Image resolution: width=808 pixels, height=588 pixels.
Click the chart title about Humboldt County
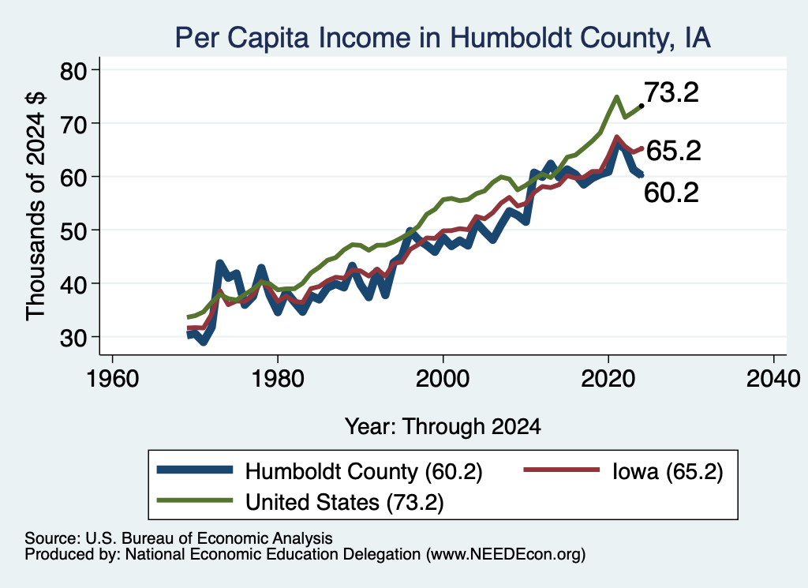(x=443, y=37)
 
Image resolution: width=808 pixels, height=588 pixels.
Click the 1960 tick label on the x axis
(x=113, y=379)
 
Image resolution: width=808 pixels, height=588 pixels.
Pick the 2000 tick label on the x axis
(x=443, y=379)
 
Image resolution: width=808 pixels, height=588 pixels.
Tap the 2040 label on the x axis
(x=773, y=379)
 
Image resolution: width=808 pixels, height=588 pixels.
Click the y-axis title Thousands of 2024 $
(x=36, y=206)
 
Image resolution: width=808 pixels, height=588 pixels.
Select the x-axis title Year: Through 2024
(x=443, y=427)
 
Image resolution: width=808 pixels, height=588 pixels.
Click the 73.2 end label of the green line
(x=671, y=93)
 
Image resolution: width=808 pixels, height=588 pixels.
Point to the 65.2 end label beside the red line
(x=674, y=151)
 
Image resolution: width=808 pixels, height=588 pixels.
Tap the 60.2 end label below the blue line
(x=671, y=193)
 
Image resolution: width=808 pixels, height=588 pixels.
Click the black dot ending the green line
(x=641, y=106)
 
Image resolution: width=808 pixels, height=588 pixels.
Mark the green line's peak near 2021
(x=616, y=97)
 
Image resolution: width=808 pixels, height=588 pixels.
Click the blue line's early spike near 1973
(x=220, y=264)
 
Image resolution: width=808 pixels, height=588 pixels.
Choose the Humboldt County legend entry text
(x=364, y=471)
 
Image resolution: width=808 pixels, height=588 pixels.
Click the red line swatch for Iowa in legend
(x=562, y=470)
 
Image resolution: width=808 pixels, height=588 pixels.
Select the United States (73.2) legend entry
(x=344, y=502)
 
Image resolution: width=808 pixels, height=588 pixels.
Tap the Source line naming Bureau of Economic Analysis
(x=178, y=538)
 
